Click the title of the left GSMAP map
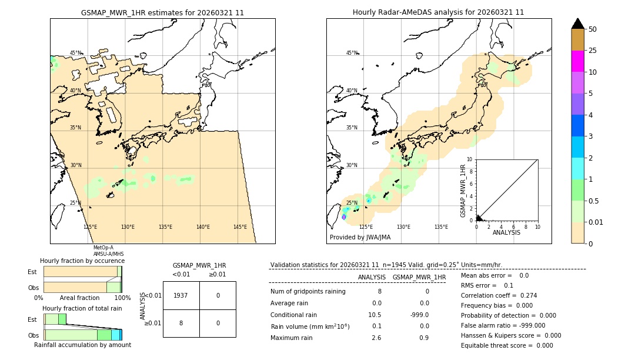(x=162, y=12)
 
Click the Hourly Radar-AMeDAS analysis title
(x=438, y=12)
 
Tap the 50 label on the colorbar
(x=593, y=29)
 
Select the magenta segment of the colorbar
(x=578, y=61)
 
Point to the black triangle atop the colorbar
(x=578, y=24)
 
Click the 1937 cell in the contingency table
(x=181, y=295)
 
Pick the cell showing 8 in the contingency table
(x=181, y=323)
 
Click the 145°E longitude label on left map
(x=240, y=227)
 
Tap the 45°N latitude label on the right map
(x=352, y=53)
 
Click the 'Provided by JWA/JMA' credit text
(x=360, y=237)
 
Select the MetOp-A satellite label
(x=103, y=248)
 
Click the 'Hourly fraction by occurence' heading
(x=82, y=261)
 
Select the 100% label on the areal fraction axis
(x=122, y=298)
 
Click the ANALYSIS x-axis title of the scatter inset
(x=506, y=232)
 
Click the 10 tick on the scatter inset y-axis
(x=470, y=159)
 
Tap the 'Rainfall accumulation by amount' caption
(x=82, y=345)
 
